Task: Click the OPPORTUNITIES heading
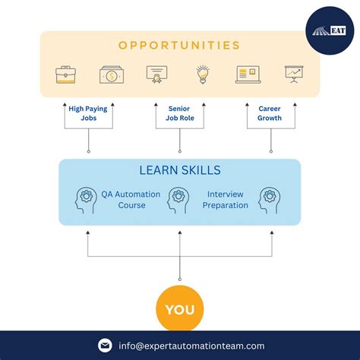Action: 179,45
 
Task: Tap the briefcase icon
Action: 65,74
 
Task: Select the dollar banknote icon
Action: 111,74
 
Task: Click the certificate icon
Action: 157,74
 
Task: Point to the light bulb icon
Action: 202,74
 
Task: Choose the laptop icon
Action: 248,74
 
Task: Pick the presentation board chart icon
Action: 293,74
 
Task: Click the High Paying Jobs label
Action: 88,113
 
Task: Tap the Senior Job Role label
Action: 179,113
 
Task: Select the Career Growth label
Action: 270,113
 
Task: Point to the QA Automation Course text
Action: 131,200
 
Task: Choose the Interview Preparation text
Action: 225,200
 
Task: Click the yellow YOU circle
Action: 179,309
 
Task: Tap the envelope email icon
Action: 105,346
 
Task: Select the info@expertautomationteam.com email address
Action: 191,346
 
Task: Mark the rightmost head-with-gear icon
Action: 270,200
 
